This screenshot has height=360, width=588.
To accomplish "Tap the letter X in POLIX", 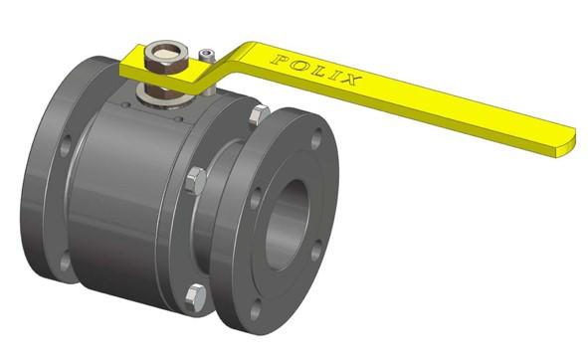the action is [x=351, y=80].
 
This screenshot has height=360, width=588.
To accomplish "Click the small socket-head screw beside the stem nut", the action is [x=207, y=56].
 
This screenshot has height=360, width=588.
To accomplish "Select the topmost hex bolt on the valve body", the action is [x=259, y=115].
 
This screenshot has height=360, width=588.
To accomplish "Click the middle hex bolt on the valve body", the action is [x=196, y=181].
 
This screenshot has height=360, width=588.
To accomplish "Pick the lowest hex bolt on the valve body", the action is [x=195, y=298].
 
